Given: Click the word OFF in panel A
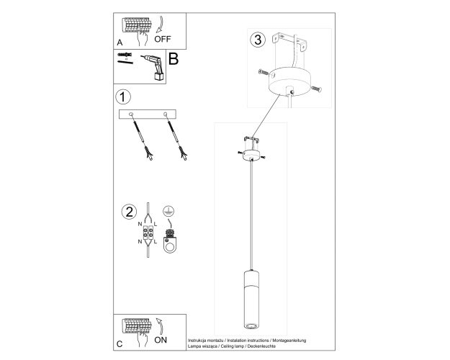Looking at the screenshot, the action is tap(163, 39).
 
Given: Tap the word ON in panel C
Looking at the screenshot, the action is tap(161, 340).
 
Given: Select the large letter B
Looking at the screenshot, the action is tap(174, 59).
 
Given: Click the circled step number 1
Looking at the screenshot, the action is tap(123, 97).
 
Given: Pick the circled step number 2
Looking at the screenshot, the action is tap(129, 212).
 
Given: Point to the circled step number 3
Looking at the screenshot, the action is tap(258, 40).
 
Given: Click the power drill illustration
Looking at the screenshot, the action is tap(153, 67).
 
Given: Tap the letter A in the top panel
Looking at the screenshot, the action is tap(120, 42).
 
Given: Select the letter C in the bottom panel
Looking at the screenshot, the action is tap(120, 344).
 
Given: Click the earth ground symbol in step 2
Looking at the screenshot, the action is tap(168, 211).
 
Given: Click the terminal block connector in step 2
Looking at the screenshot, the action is tap(148, 233).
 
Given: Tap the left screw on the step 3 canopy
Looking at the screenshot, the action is tap(264, 72).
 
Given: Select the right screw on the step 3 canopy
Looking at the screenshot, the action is tap(316, 89).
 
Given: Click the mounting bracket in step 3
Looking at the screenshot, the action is tap(289, 42).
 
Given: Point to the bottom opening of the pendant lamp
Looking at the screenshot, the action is tap(252, 325).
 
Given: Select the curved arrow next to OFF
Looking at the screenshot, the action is tap(160, 24).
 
